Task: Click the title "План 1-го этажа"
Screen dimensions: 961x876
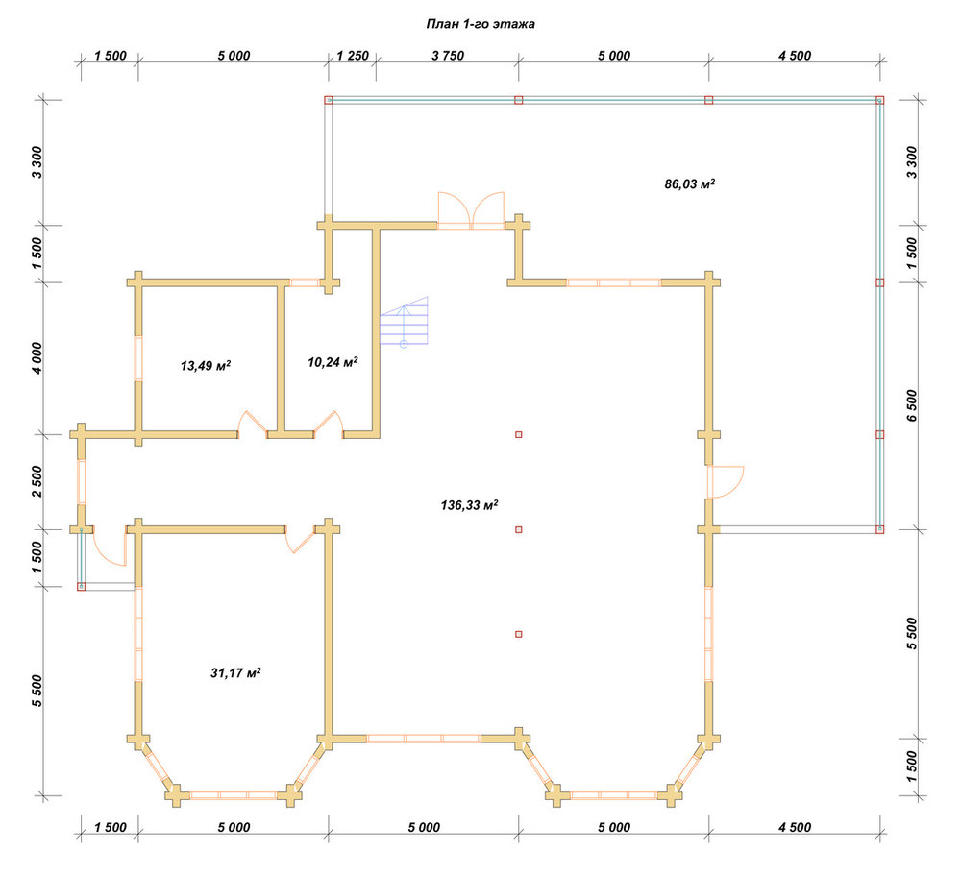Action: (480, 24)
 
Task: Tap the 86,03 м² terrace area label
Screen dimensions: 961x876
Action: (690, 183)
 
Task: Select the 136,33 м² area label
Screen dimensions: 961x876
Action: (469, 505)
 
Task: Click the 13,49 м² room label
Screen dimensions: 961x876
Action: (206, 366)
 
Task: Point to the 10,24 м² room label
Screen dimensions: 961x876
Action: (333, 362)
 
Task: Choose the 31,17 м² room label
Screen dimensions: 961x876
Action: (236, 672)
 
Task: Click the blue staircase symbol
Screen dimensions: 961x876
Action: (404, 321)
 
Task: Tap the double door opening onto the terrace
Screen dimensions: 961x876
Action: (471, 210)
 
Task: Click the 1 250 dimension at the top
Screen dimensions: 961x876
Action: (353, 56)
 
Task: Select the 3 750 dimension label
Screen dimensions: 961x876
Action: (448, 56)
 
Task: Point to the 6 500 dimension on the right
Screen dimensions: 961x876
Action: (912, 405)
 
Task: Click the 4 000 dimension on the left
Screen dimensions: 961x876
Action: (37, 358)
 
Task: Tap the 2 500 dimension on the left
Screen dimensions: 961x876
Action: (37, 481)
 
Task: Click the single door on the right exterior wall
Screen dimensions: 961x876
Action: (725, 482)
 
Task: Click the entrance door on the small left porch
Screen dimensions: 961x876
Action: (110, 547)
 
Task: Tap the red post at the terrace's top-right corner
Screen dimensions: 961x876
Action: (880, 100)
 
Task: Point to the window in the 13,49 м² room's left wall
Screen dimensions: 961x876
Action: (138, 358)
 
